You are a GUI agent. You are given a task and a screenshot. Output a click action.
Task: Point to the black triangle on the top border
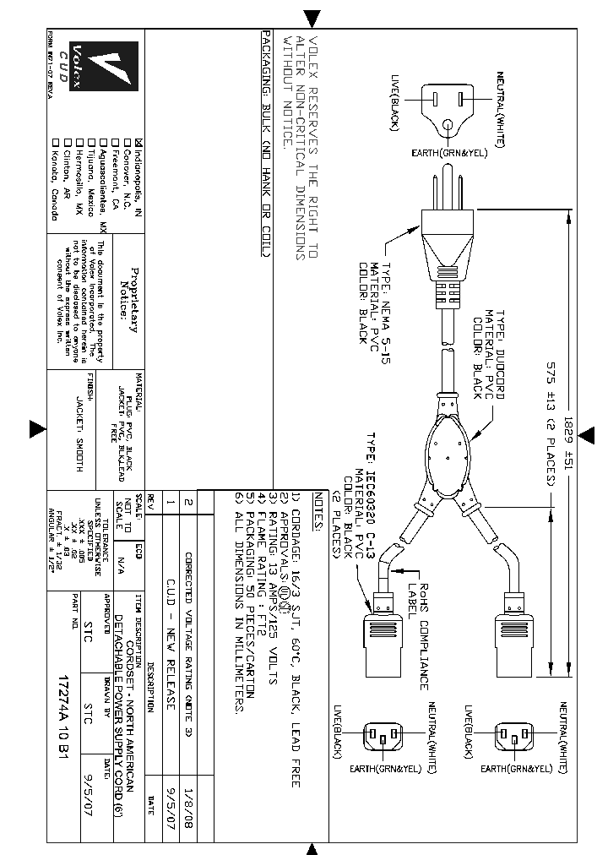click(x=312, y=18)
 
